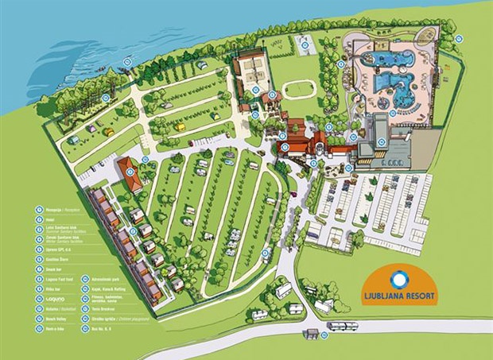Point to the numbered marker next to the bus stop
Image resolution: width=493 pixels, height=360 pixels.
click(324, 336)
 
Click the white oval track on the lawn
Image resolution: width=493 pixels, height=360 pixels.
click(298, 89)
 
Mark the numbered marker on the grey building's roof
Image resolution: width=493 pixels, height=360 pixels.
click(382, 143)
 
